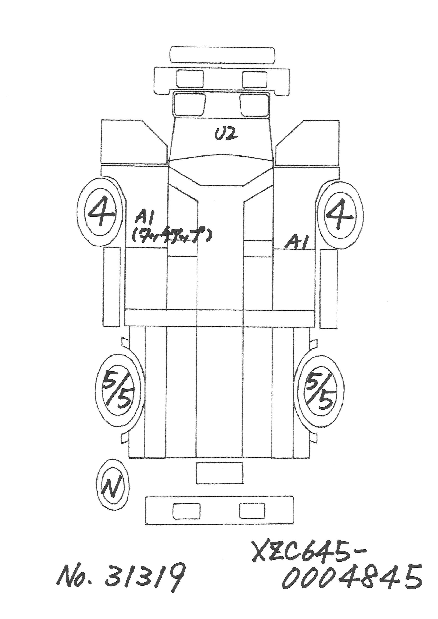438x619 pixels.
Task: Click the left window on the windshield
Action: [189, 104]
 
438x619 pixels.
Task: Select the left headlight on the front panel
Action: [190, 79]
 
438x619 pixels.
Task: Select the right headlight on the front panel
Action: [254, 79]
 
